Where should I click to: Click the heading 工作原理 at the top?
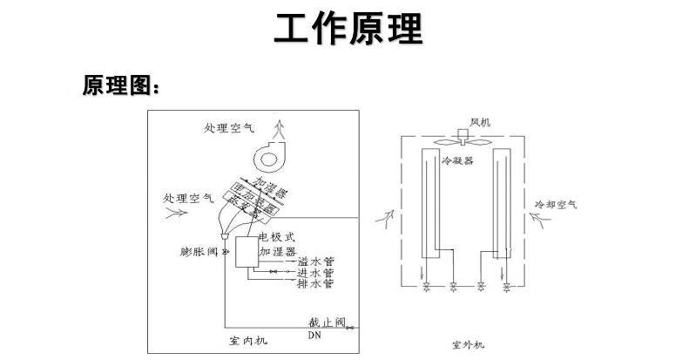pos(348,28)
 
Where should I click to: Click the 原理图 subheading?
pos(120,85)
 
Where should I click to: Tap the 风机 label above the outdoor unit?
pos(481,122)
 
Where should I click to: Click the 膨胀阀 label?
pos(196,252)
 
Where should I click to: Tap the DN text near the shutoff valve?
pos(314,334)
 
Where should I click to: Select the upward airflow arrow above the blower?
pos(279,131)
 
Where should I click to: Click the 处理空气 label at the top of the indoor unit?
pos(229,127)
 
